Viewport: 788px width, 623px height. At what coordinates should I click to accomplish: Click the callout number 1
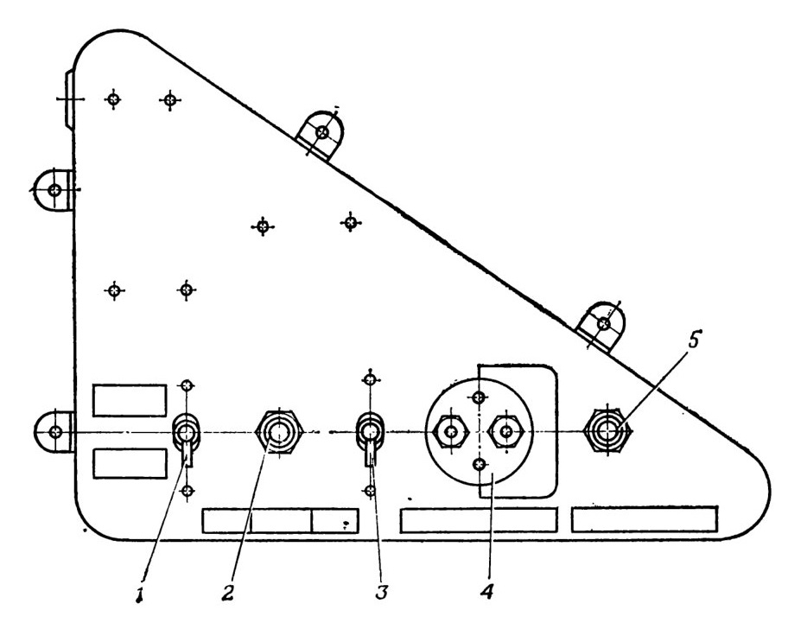click(141, 594)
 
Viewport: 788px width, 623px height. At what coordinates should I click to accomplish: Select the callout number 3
click(381, 593)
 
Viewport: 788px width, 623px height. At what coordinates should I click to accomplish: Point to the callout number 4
click(486, 592)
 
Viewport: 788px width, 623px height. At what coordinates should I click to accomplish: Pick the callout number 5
click(693, 340)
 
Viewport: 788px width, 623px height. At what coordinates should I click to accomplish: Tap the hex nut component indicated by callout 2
click(279, 431)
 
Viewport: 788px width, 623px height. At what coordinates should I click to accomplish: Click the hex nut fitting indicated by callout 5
click(607, 431)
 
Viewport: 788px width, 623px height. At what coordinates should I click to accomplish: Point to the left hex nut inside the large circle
click(451, 431)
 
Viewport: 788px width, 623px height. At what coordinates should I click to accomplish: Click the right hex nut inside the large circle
click(506, 431)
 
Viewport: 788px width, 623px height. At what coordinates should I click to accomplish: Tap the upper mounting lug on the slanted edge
click(321, 134)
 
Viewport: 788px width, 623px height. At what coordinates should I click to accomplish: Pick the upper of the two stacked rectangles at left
click(130, 400)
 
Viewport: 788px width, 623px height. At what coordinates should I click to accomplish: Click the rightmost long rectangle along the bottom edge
click(645, 519)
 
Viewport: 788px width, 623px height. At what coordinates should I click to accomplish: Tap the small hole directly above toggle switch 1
click(187, 386)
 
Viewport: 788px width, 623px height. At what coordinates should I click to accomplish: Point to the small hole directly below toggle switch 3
click(370, 490)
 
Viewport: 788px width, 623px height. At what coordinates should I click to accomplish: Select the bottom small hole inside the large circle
click(479, 465)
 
